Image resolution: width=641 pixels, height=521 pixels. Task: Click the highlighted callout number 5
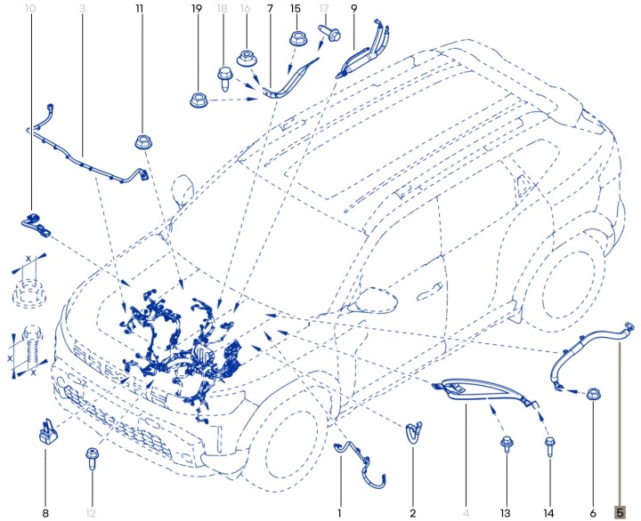tap(620, 512)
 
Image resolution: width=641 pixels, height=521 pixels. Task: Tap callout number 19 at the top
tap(197, 8)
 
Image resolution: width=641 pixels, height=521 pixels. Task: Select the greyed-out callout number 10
tap(30, 8)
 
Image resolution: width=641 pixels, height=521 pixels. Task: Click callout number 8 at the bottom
tap(45, 513)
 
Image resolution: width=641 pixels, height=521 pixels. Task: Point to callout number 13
tap(506, 513)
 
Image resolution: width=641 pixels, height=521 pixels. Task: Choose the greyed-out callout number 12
tap(91, 513)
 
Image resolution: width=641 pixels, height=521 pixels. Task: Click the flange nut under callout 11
tap(142, 141)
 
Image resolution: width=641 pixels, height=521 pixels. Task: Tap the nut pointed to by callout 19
tap(199, 100)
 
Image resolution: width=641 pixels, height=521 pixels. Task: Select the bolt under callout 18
tap(224, 79)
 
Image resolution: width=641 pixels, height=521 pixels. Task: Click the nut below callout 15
tap(296, 39)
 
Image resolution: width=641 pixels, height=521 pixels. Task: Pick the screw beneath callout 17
tap(329, 33)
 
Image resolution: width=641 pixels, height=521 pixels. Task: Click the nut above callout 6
tap(594, 395)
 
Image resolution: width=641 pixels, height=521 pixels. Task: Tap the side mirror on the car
tap(376, 301)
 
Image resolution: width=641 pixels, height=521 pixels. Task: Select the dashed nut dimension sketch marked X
tap(28, 292)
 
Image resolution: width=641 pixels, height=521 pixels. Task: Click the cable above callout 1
tap(361, 463)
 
